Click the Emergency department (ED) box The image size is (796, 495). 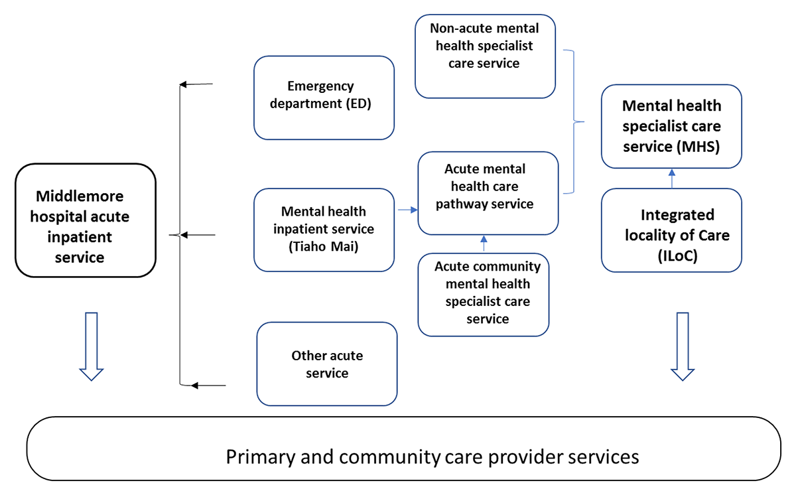[x=324, y=98]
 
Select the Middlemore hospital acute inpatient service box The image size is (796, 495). [x=85, y=220]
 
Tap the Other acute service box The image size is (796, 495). [x=327, y=364]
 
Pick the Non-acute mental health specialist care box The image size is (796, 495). [x=485, y=56]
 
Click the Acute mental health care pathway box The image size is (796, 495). [x=488, y=193]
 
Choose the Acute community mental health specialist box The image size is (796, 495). [x=484, y=294]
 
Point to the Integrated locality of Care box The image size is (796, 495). [x=671, y=230]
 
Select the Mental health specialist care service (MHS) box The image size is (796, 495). [x=671, y=126]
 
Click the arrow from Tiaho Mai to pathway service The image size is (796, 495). [x=406, y=210]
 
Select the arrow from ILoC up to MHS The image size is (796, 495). [x=671, y=178]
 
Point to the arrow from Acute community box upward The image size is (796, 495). [x=484, y=243]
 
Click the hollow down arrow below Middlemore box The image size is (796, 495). [x=92, y=346]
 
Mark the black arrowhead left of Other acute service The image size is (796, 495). [x=194, y=385]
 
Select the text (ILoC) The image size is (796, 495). [x=671, y=256]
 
